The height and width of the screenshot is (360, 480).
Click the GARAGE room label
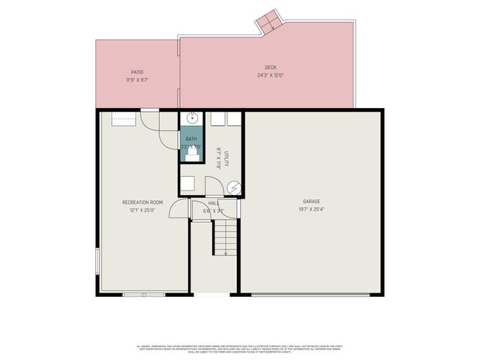(311, 202)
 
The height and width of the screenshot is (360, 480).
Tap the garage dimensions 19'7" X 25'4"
(311, 211)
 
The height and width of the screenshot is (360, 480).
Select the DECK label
(270, 67)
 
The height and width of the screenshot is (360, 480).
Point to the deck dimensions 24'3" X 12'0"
(270, 75)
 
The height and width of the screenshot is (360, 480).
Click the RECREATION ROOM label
(142, 202)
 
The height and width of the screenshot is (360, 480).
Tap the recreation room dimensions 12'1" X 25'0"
(142, 211)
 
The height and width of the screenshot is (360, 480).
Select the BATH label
(190, 139)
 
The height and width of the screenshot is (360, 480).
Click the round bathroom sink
(191, 118)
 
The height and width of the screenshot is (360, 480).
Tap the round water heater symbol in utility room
(234, 187)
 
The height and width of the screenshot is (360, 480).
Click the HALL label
(213, 203)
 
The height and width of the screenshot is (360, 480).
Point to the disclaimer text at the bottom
(240, 348)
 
